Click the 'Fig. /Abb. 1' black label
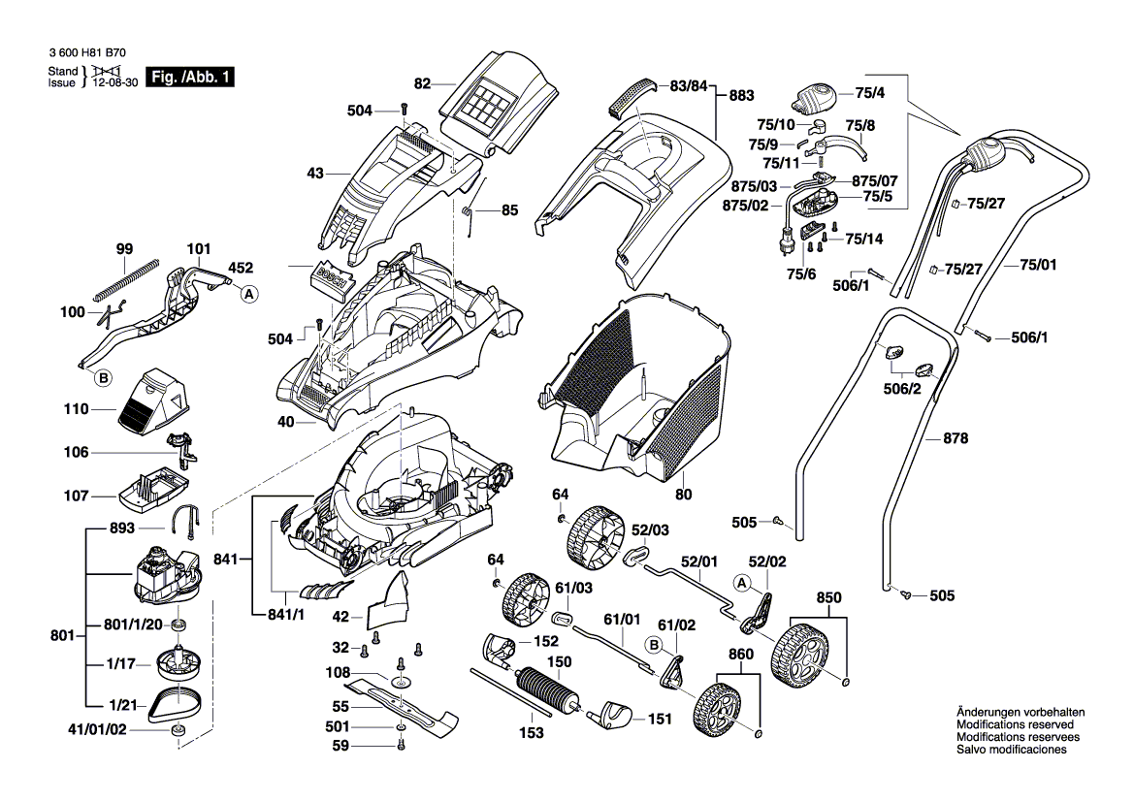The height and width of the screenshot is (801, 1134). [190, 77]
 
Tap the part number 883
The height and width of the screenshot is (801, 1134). [741, 96]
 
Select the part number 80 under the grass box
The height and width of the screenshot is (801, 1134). [684, 492]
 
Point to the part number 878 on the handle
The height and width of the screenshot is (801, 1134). [956, 438]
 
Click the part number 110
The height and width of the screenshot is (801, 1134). [76, 409]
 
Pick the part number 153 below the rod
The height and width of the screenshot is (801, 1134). [531, 733]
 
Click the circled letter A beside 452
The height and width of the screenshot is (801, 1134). [249, 293]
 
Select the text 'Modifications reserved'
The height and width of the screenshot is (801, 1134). [1015, 724]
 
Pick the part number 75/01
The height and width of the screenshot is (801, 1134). [1038, 264]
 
